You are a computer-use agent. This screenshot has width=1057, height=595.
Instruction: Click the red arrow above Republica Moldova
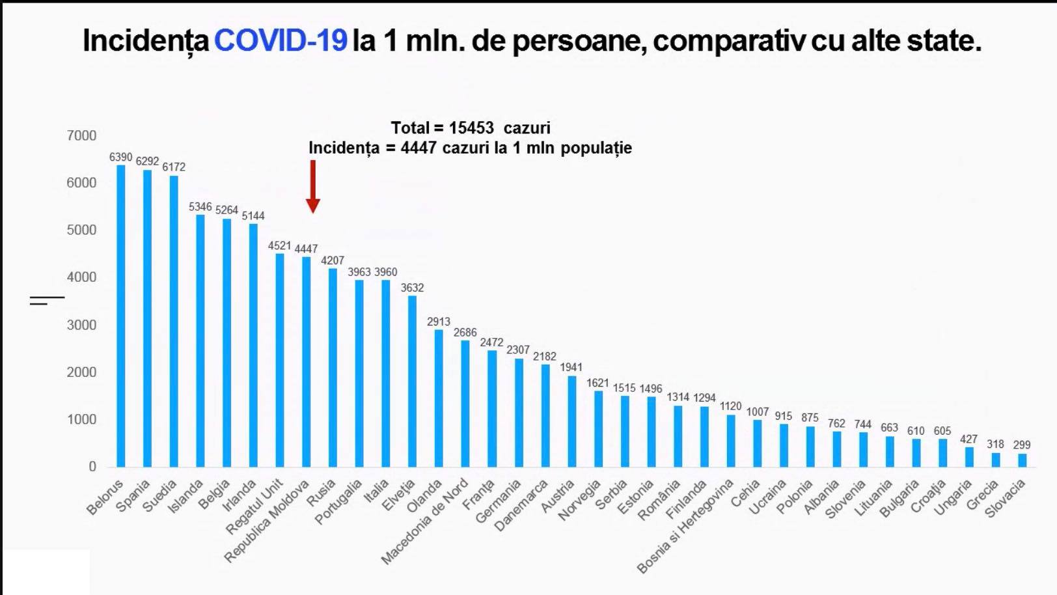coord(313,187)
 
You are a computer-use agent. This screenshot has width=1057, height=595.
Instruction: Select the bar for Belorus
coord(121,316)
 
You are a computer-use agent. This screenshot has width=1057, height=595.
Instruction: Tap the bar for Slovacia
coord(1022,460)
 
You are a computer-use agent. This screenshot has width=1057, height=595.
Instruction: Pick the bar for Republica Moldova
coord(306,362)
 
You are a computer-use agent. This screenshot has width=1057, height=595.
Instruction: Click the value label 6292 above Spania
coord(147,161)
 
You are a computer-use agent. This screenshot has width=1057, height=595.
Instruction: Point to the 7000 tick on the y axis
coord(81,135)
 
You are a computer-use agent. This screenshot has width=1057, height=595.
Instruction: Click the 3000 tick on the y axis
coord(81,325)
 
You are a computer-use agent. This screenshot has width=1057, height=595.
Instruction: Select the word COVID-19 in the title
coord(281,40)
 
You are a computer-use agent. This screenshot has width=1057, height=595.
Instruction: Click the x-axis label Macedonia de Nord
coord(425,521)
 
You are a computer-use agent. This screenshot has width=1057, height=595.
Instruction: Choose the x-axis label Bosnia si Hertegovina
coord(685,526)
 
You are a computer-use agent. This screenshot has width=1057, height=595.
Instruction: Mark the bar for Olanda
coord(439,398)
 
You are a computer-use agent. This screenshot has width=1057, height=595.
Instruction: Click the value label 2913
coord(439,322)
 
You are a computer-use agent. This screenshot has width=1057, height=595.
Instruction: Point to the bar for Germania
coord(519,413)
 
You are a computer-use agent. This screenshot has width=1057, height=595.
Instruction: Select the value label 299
coord(1022,445)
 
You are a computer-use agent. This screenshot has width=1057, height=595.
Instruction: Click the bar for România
coord(678,436)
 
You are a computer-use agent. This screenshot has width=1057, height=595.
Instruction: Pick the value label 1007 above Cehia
coord(758,412)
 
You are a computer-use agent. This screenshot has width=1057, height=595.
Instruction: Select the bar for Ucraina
coord(784,445)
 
